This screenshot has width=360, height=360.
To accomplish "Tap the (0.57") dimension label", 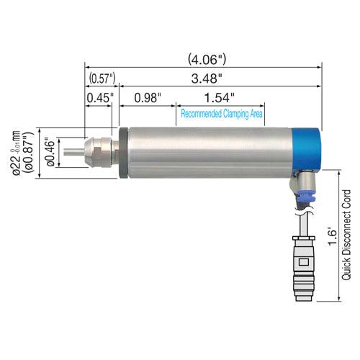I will pyautogui.click(x=102, y=77).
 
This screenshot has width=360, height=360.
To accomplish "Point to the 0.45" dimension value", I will pyautogui.click(x=98, y=97).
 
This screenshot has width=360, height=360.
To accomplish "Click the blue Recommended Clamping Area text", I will pyautogui.click(x=221, y=114).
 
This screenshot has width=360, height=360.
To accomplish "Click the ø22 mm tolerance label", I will pyautogui.click(x=14, y=153).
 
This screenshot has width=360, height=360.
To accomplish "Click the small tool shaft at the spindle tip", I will pyautogui.click(x=72, y=153).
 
